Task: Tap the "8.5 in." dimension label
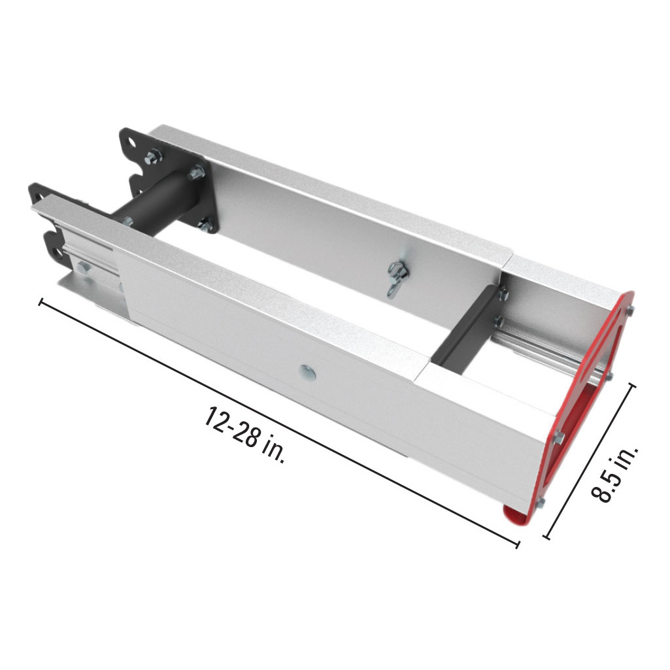(x=614, y=466)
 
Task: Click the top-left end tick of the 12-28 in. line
(x=42, y=302)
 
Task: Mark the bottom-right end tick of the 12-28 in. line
(x=518, y=543)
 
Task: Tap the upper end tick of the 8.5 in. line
(x=631, y=385)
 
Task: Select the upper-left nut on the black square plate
(x=152, y=156)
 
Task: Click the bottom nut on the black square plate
(x=205, y=226)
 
